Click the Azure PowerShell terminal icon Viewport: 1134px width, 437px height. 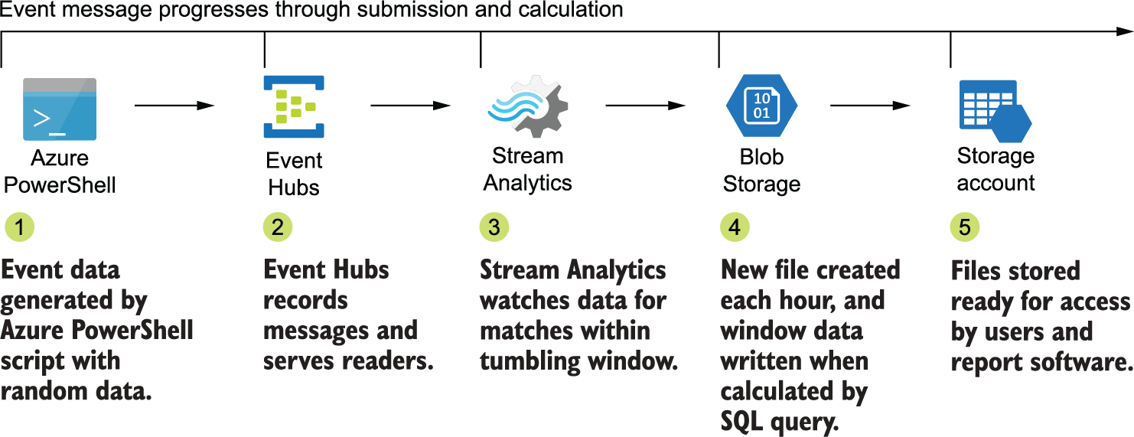[60, 109]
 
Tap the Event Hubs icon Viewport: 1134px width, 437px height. [294, 106]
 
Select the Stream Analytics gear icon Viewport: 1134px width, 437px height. [528, 106]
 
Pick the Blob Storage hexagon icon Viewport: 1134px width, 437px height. [761, 105]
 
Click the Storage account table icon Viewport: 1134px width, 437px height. [994, 110]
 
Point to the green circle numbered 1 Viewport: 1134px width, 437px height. [19, 227]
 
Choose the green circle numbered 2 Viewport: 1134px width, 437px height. [278, 227]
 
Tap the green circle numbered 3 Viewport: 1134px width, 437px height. [494, 227]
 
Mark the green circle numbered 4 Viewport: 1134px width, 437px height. [735, 227]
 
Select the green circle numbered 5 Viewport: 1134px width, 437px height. [965, 227]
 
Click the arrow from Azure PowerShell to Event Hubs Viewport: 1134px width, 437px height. [175, 106]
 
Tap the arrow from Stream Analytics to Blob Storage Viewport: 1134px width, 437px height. [645, 106]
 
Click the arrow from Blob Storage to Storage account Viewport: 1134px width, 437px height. [870, 106]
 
